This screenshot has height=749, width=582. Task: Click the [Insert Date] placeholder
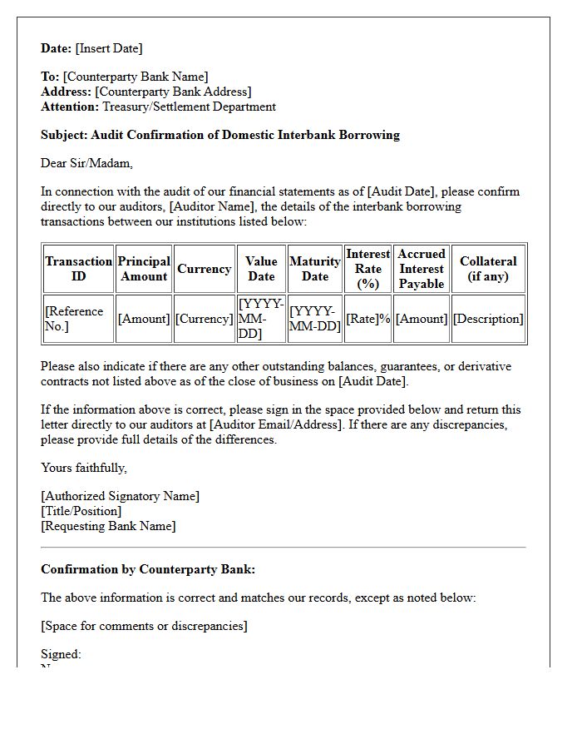point(109,48)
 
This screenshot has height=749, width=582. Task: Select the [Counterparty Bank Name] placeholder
point(136,77)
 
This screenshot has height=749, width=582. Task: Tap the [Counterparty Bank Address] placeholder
point(173,92)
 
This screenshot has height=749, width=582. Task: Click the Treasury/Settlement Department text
point(189,107)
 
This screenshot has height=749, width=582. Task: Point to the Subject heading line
point(220,135)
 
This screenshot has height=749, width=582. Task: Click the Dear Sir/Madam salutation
point(86,163)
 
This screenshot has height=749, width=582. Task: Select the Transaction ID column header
point(78,269)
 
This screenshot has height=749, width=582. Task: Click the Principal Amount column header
point(144,269)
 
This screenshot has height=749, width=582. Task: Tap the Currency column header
point(204,269)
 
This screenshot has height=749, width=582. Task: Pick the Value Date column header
point(261,269)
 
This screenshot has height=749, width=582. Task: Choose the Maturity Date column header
point(314,269)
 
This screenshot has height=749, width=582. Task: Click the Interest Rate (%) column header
point(367,269)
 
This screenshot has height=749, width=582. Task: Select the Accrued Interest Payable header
point(421,269)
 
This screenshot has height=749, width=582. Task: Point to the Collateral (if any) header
point(488,269)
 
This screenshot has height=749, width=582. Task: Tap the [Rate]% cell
point(367,319)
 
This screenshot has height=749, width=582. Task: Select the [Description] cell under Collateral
point(488,319)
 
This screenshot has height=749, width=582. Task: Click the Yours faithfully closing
point(84,468)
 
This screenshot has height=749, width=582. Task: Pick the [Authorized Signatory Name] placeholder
point(121,496)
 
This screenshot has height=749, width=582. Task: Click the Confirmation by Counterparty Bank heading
point(148,569)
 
